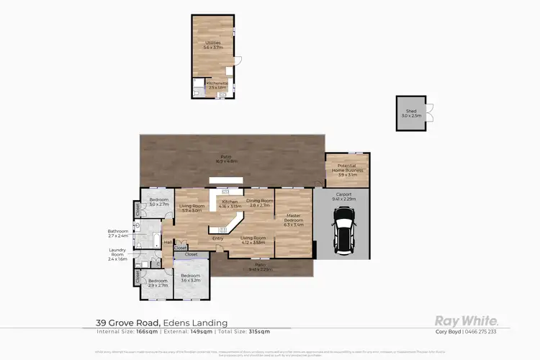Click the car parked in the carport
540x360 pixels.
tap(343, 231)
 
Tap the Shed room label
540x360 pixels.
tap(409, 114)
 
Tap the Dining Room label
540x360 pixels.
tap(259, 202)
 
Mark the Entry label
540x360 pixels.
tap(216, 240)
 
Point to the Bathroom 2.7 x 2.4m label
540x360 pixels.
tap(118, 233)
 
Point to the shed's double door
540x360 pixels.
tap(430, 113)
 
